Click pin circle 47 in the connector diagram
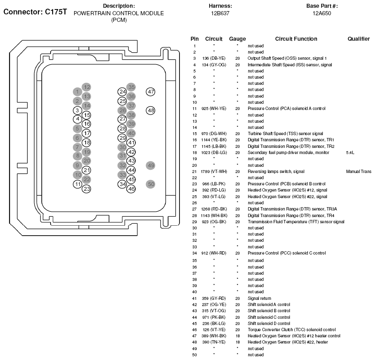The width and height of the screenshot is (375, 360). coord(151,92)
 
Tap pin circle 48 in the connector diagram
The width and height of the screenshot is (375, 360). coord(151,110)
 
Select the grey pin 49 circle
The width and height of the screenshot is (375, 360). coord(151,165)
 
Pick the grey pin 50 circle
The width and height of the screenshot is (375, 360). coord(151,184)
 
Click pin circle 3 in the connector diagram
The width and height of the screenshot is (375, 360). coord(77,110)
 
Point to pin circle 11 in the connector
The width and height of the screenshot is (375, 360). coord(77,184)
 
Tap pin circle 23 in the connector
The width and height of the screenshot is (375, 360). coord(86,189)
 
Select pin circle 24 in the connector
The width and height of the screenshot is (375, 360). coord(122,92)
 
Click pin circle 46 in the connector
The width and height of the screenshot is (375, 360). coord(131,189)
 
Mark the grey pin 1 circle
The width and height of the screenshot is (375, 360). coord(77,91)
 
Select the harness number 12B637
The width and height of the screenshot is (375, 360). coord(220,13)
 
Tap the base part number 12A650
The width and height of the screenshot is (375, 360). coord(321,13)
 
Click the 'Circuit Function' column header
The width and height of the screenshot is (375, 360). coord(296,39)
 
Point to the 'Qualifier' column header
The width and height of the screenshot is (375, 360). coord(358,39)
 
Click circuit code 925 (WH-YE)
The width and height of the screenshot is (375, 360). coord(214,109)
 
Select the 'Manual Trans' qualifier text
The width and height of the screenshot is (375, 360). coord(359,171)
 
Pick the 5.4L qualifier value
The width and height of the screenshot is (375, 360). coord(350,152)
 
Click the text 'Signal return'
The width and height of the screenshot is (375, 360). coord(259,298)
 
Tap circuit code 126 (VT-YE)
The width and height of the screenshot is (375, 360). coord(214,330)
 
